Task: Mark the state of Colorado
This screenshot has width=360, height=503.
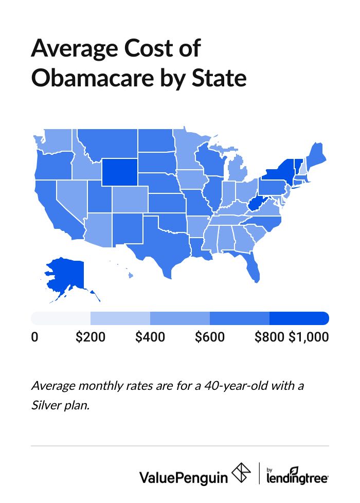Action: (130, 201)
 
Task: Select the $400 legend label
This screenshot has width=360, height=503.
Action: (150, 337)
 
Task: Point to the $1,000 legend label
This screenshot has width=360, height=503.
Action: (308, 337)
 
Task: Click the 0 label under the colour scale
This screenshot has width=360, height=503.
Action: (34, 337)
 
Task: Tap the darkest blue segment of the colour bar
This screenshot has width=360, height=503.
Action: (299, 318)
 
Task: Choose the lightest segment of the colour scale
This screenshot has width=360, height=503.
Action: (61, 318)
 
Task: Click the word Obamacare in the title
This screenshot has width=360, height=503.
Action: (105, 78)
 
